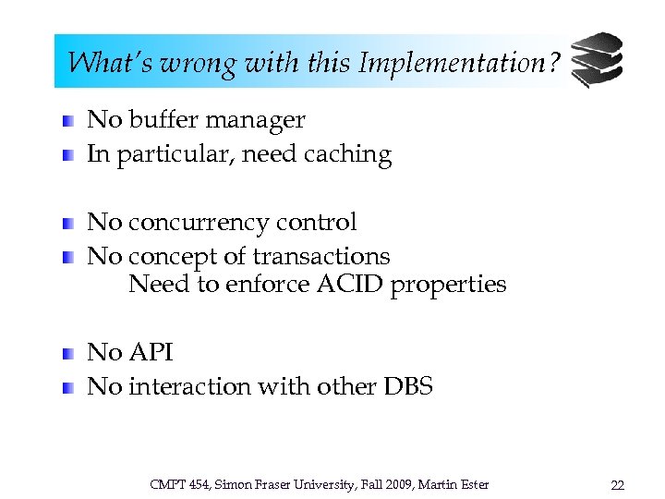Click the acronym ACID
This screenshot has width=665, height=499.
point(350,284)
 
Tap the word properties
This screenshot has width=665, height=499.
point(449,285)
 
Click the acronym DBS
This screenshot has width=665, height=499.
point(406,386)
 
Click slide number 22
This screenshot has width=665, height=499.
point(617,484)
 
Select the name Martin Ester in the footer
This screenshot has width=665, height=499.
point(456,484)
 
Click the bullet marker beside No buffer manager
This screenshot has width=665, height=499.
point(68,121)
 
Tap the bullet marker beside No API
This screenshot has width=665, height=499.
point(68,354)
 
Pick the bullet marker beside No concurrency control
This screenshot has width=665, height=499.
point(68,224)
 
